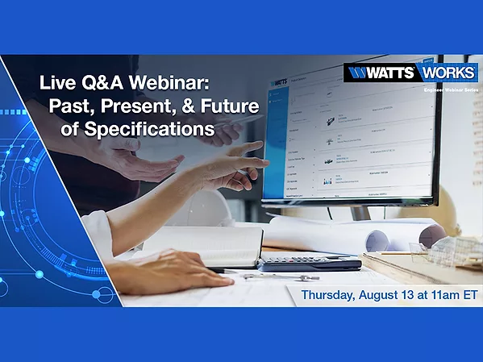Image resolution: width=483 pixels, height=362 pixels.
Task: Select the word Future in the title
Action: [209, 105]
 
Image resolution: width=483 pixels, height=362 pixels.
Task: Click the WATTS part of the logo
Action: [380, 73]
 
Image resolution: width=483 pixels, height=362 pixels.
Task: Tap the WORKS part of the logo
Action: [446, 73]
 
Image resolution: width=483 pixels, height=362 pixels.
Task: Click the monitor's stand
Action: [358, 211]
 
